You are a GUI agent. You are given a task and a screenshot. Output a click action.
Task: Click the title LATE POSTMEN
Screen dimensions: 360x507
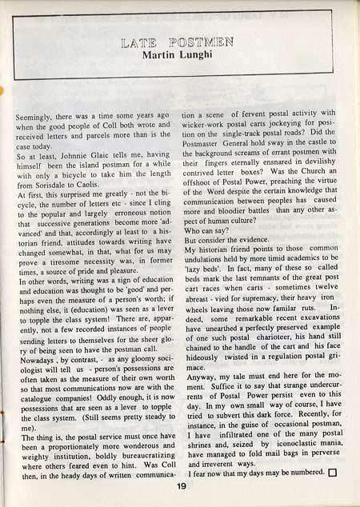tap(179, 40)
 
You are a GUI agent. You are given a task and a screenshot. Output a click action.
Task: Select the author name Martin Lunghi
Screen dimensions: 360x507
tap(180, 54)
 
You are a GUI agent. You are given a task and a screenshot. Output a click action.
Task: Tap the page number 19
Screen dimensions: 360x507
tap(181, 481)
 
